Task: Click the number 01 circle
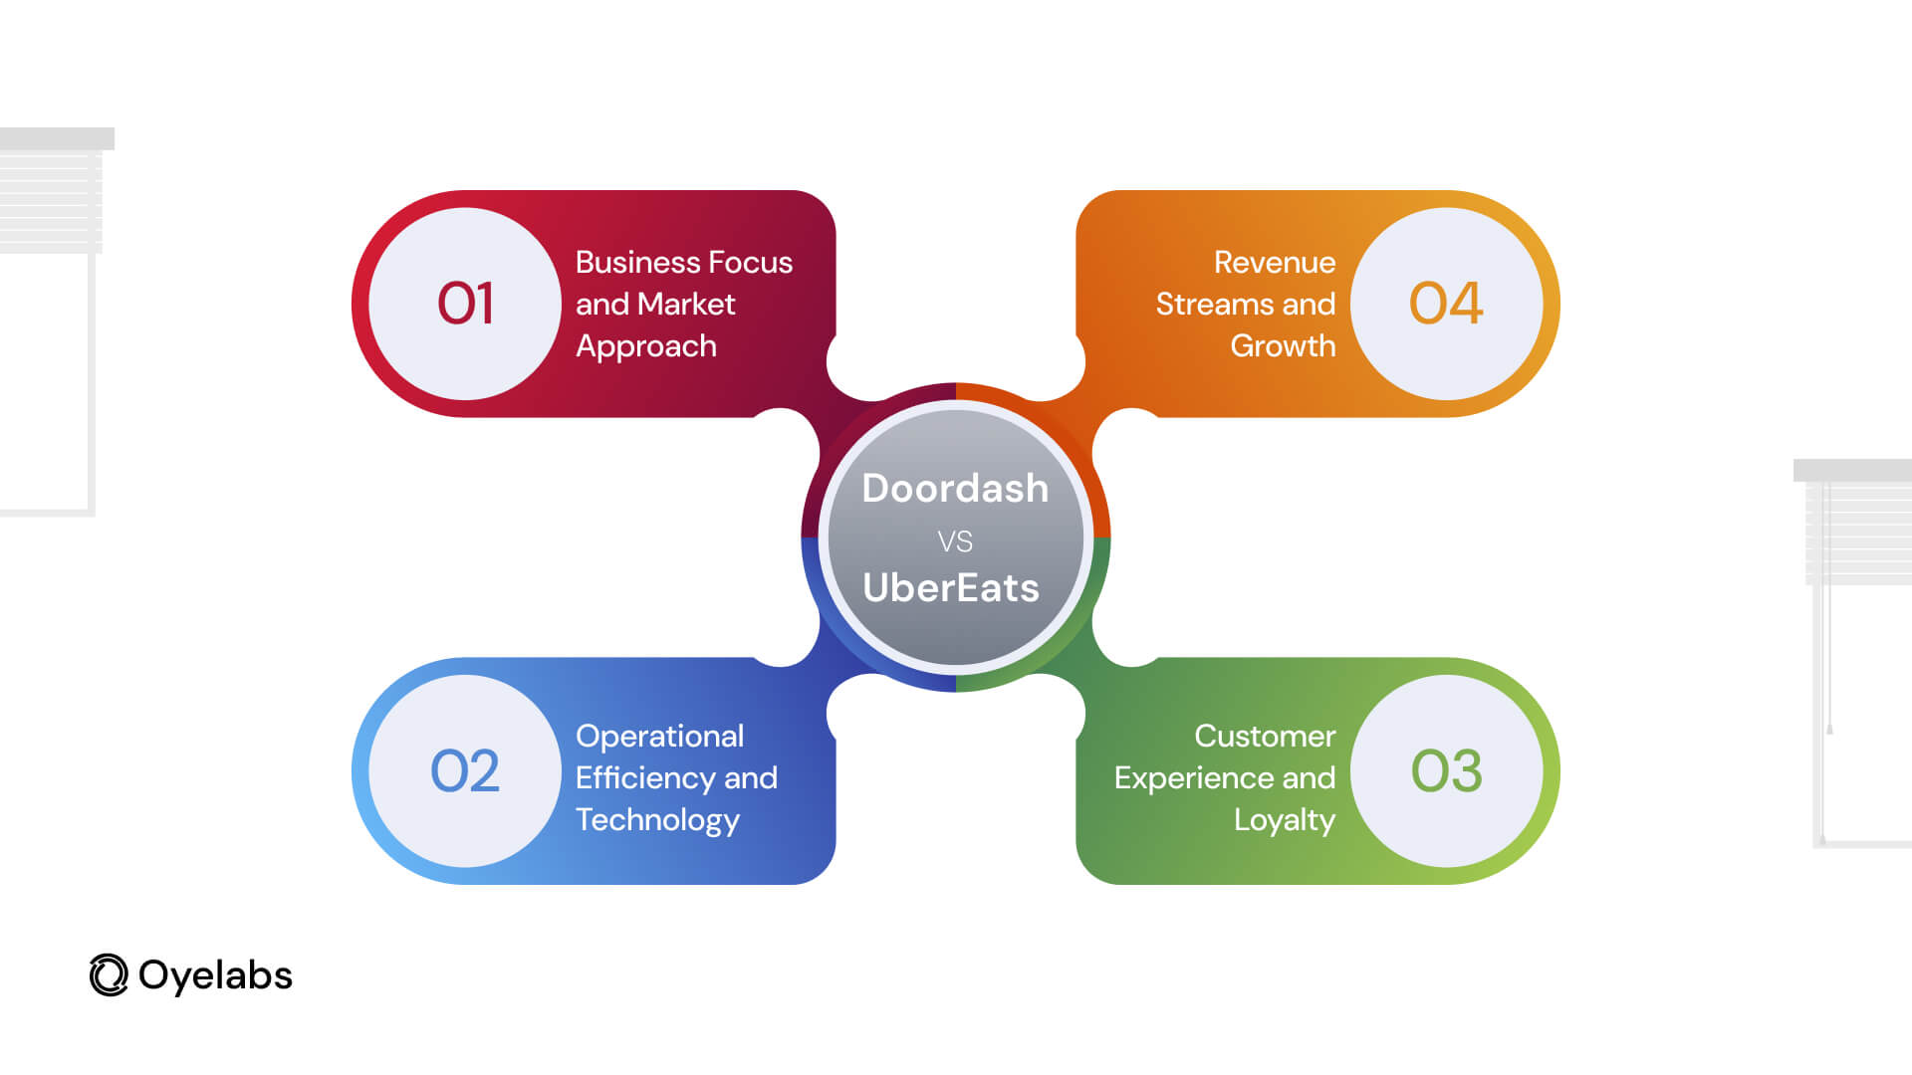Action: [465, 304]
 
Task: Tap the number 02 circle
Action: [465, 771]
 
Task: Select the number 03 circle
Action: [1446, 771]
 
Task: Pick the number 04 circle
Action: [1446, 304]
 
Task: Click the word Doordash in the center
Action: [955, 489]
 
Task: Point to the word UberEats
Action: [951, 588]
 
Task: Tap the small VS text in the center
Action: [955, 541]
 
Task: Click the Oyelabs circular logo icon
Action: [109, 975]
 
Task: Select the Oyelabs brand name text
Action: [215, 976]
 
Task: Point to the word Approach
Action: [646, 347]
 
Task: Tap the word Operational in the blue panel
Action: [659, 738]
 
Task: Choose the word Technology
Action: [657, 821]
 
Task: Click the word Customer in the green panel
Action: [1265, 737]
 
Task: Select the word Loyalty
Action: [1285, 821]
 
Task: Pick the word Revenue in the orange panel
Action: [1275, 263]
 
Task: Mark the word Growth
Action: [1283, 346]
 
